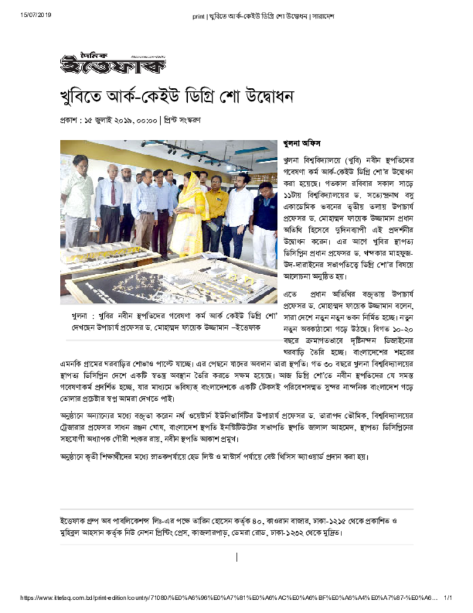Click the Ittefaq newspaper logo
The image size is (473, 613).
coord(112,62)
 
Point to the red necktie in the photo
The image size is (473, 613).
coord(112,193)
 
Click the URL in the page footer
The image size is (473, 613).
coord(227,597)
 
